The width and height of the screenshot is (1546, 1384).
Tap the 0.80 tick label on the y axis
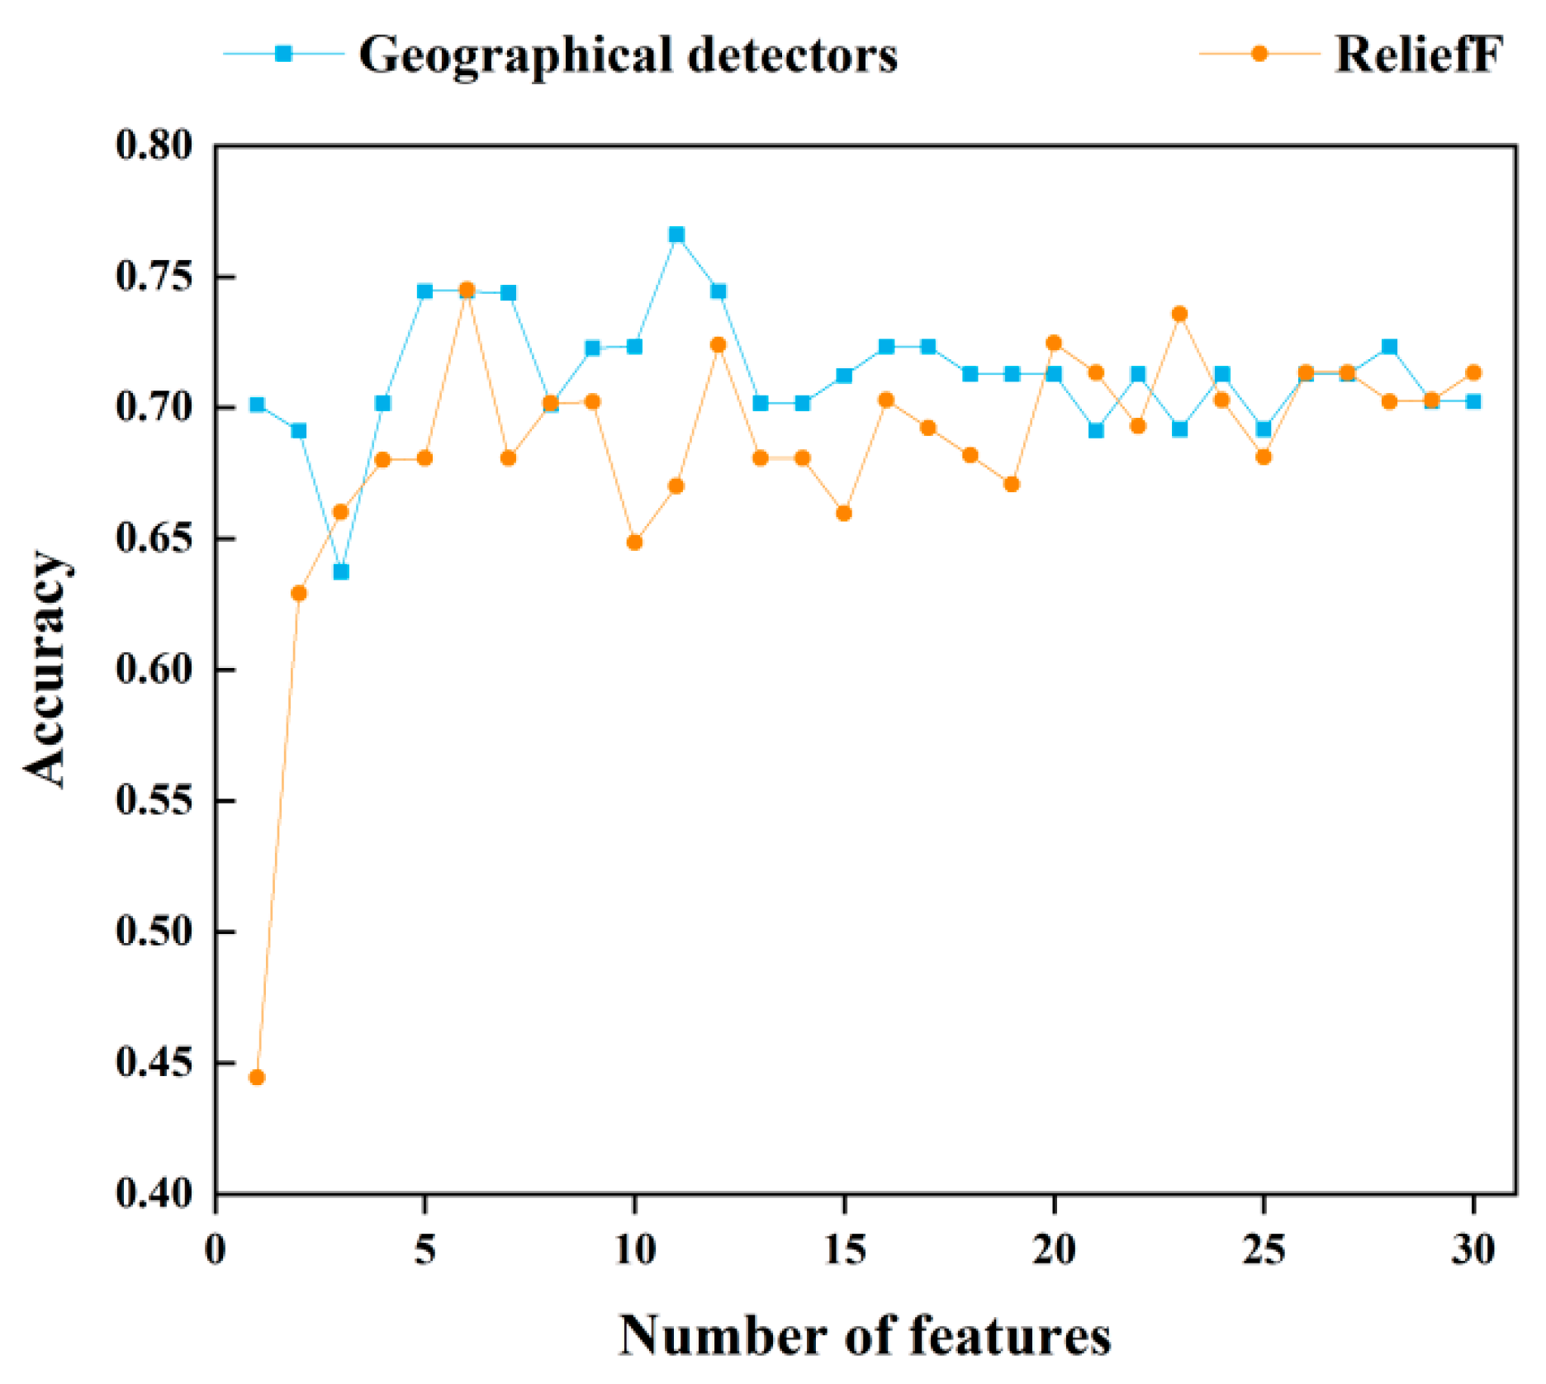(154, 145)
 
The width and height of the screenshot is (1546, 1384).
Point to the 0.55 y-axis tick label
(154, 800)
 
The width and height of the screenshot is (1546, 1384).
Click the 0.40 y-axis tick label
(154, 1193)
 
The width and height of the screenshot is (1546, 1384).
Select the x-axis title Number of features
(865, 1335)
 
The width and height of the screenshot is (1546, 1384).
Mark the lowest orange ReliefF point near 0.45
(257, 1077)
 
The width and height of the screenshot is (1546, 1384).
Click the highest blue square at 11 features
(676, 235)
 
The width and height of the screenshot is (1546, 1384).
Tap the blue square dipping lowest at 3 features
(341, 571)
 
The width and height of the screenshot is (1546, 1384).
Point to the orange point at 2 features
(299, 593)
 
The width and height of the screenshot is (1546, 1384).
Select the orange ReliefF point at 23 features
(1179, 314)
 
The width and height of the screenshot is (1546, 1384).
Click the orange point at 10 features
(634, 542)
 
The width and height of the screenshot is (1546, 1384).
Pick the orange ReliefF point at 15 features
(844, 513)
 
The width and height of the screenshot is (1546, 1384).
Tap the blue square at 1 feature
(257, 405)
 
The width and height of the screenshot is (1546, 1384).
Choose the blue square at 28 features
(1389, 347)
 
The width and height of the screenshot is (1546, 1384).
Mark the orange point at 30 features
(1473, 372)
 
